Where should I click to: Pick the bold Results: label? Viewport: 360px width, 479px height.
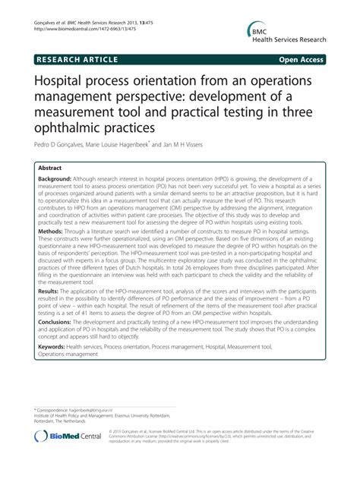pyautogui.click(x=53, y=310)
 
